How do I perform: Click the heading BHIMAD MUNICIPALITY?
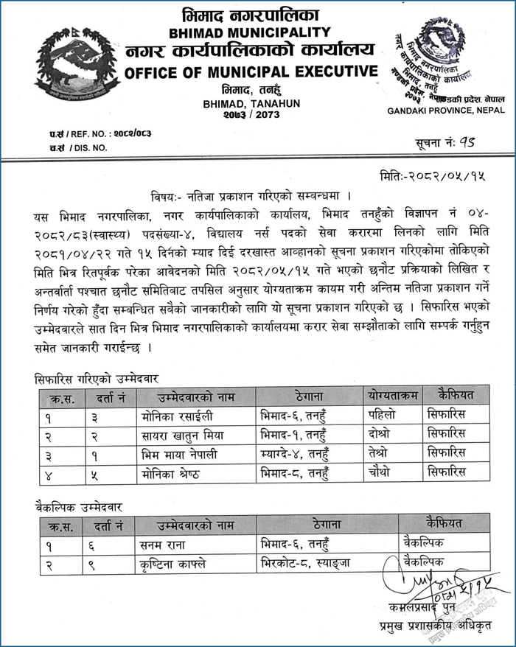[x=251, y=32]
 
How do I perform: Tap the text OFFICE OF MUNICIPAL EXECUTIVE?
[x=251, y=72]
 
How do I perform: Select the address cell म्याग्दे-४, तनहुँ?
[x=301, y=452]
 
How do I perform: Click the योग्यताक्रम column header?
[x=392, y=396]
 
